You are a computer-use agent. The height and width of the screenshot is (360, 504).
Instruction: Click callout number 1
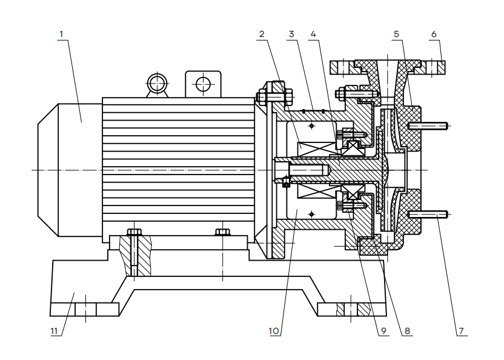coord(61,34)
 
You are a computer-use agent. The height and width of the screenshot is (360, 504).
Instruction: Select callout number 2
coord(262,34)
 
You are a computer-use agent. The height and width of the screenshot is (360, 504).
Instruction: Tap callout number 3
coord(291,34)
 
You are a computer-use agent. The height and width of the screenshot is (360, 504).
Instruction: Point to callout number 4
coord(313,34)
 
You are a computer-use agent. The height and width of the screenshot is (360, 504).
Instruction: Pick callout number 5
coord(396,34)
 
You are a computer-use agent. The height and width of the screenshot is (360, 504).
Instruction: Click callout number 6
coord(434,34)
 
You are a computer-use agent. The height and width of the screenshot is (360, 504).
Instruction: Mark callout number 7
coord(461,331)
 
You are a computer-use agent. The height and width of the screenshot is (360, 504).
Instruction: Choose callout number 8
coord(407,331)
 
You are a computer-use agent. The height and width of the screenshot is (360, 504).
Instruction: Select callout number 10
coord(274,331)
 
